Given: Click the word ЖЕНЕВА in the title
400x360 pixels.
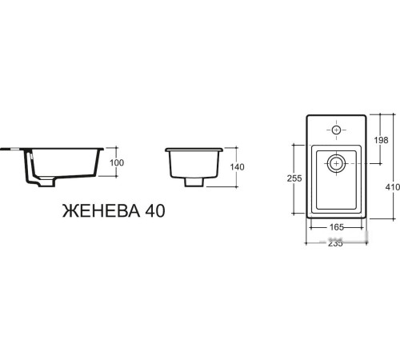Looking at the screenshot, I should click(99, 211).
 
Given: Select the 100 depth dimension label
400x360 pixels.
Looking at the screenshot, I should click(118, 163).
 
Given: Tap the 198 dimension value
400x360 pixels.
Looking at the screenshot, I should click(381, 141).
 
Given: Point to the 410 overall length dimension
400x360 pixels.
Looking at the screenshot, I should click(392, 187).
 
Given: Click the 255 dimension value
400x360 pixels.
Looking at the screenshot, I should click(293, 179).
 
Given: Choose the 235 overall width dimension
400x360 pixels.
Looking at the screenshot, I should click(335, 243).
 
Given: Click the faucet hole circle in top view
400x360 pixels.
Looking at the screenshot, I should click(336, 130).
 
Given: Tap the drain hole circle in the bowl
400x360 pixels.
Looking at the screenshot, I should click(336, 163).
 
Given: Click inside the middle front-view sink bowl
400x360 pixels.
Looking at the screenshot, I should click(193, 164).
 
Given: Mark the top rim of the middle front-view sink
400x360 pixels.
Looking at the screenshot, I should click(193, 150).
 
